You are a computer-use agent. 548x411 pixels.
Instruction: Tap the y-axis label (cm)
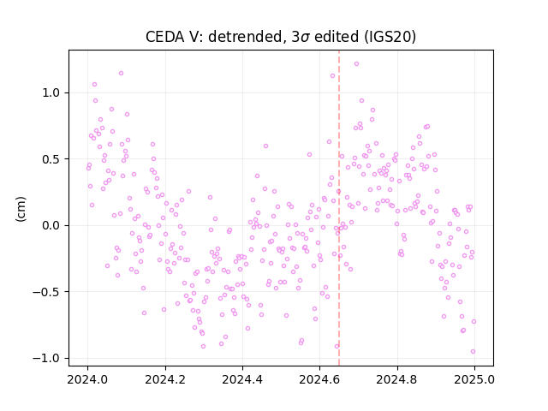click(x=21, y=209)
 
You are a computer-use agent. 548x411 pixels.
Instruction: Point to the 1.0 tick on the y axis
click(x=51, y=93)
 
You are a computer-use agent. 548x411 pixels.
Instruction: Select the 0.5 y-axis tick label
click(x=51, y=159)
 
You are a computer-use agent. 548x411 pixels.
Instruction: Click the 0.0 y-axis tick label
click(x=51, y=225)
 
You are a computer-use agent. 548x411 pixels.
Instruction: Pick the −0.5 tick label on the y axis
click(x=46, y=292)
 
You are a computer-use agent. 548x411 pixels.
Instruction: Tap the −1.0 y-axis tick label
click(x=46, y=358)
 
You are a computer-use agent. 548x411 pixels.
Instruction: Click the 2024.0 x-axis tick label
click(x=87, y=379)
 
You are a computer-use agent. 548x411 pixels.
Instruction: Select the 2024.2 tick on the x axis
click(x=165, y=379)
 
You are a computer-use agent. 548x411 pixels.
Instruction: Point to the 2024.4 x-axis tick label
click(x=242, y=379)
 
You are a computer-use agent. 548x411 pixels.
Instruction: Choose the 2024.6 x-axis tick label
click(x=319, y=379)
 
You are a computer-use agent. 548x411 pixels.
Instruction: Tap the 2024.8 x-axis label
click(x=397, y=379)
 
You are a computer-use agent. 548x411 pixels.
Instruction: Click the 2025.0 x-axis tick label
click(x=474, y=379)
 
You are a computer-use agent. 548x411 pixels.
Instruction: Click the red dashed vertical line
click(x=339, y=208)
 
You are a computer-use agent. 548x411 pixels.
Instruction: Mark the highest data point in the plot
click(x=356, y=64)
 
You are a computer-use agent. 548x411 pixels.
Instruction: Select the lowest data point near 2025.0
click(x=473, y=352)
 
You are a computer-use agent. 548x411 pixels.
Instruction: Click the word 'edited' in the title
click(x=337, y=37)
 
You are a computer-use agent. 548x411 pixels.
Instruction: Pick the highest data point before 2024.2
click(x=121, y=74)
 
